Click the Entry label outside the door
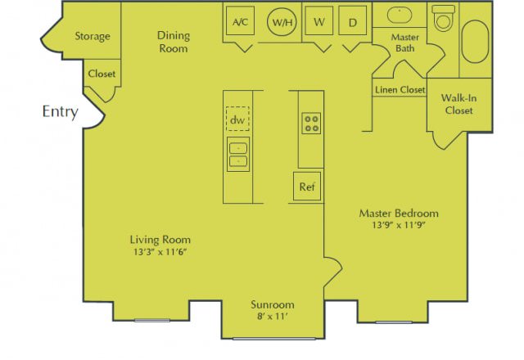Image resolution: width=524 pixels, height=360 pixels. pyautogui.click(x=60, y=112)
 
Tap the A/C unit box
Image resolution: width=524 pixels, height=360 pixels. pyautogui.click(x=241, y=22)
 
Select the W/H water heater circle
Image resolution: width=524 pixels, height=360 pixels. pyautogui.click(x=282, y=22)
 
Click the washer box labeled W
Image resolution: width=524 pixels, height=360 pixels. pyautogui.click(x=319, y=22)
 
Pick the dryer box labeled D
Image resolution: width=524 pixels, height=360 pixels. pyautogui.click(x=353, y=22)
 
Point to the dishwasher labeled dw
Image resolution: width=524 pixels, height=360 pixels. pyautogui.click(x=237, y=120)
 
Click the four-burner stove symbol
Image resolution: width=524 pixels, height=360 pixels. pyautogui.click(x=311, y=124)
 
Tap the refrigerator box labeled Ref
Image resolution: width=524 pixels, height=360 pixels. pyautogui.click(x=307, y=187)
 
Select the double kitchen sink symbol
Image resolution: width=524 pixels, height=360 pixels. pyautogui.click(x=237, y=154)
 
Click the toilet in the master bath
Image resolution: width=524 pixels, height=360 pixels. pyautogui.click(x=443, y=18)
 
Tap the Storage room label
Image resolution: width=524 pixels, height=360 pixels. pyautogui.click(x=93, y=36)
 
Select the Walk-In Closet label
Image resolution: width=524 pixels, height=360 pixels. pyautogui.click(x=458, y=104)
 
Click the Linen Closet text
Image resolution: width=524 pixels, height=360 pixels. pyautogui.click(x=400, y=89)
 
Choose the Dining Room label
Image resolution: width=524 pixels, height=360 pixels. pyautogui.click(x=173, y=42)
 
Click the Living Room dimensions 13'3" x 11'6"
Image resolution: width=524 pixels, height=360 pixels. pyautogui.click(x=160, y=253)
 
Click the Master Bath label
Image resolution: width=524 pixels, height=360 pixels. pyautogui.click(x=405, y=43)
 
